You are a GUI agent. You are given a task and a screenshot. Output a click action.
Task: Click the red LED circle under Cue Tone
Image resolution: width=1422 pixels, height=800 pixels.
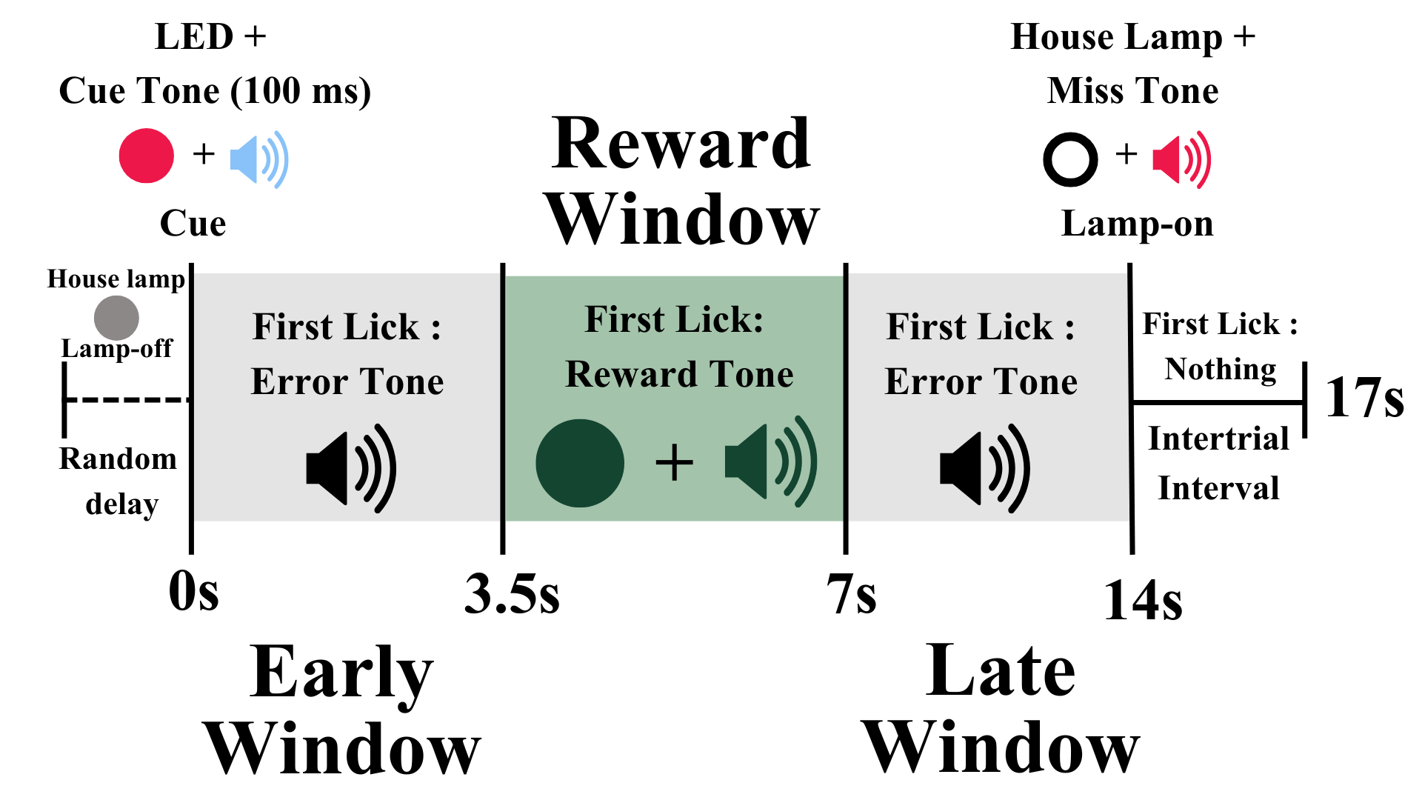pyautogui.click(x=147, y=156)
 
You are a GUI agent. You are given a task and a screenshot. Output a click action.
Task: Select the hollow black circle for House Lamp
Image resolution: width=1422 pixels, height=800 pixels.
pyautogui.click(x=1070, y=159)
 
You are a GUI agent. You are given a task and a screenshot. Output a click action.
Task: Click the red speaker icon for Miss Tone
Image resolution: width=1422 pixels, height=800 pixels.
pyautogui.click(x=1181, y=159)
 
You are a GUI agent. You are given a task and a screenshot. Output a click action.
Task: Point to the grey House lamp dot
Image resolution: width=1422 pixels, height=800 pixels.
pyautogui.click(x=116, y=318)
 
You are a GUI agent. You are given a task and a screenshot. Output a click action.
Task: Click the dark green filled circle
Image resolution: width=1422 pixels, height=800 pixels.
pyautogui.click(x=579, y=463)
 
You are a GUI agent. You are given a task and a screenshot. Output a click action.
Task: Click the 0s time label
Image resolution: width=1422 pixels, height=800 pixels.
pyautogui.click(x=194, y=593)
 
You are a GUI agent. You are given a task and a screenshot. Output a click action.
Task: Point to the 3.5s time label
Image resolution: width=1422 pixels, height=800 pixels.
pyautogui.click(x=512, y=594)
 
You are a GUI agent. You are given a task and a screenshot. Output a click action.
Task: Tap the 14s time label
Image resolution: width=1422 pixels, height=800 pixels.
pyautogui.click(x=1143, y=600)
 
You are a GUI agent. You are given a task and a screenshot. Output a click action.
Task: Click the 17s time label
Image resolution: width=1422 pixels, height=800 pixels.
pyautogui.click(x=1364, y=398)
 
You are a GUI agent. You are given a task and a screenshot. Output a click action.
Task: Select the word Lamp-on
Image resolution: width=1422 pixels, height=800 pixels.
pyautogui.click(x=1137, y=224)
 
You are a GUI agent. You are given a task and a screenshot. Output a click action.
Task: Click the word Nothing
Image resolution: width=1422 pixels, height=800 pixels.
pyautogui.click(x=1221, y=369)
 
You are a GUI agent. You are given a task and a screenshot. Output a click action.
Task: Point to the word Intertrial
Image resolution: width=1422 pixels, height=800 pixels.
pyautogui.click(x=1218, y=439)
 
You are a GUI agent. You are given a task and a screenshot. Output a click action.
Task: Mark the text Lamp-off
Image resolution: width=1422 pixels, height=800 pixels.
pyautogui.click(x=116, y=348)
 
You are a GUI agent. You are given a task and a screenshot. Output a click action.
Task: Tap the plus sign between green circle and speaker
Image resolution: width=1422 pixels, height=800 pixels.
pyautogui.click(x=674, y=463)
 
